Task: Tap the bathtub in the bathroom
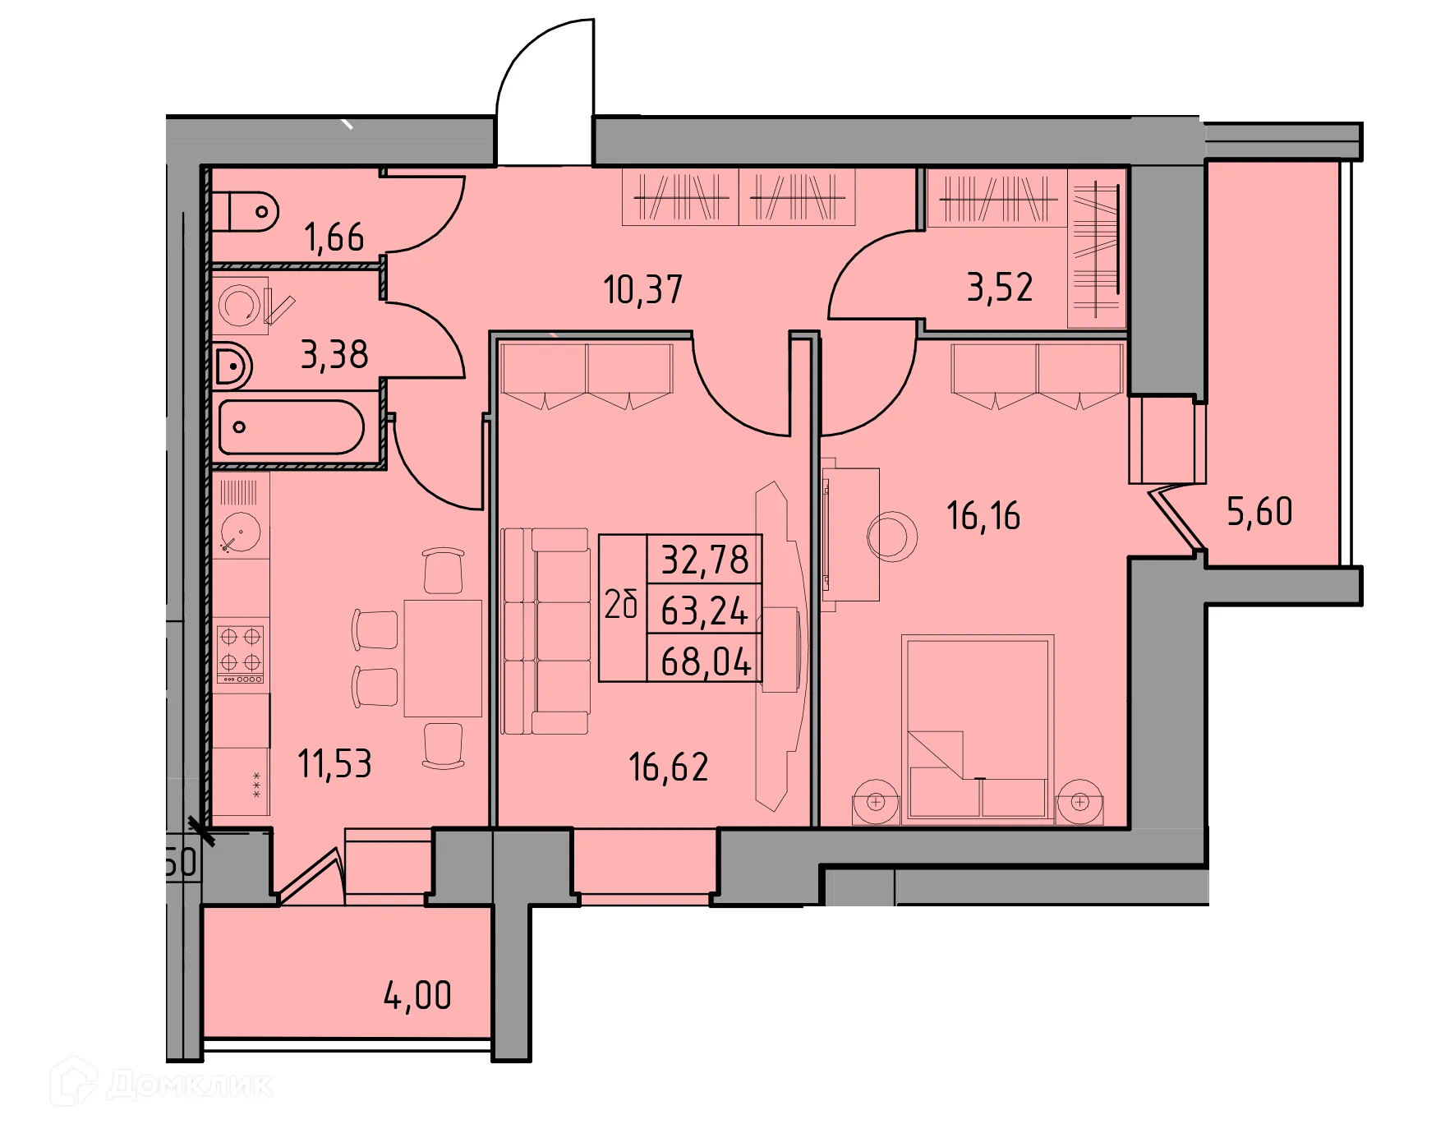[291, 427]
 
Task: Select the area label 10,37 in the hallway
[642, 290]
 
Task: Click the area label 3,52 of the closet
[999, 288]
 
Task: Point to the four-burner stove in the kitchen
[241, 653]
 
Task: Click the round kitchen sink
[241, 532]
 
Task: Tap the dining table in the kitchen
[442, 657]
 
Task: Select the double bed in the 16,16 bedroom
[978, 728]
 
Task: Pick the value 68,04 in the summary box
[705, 661]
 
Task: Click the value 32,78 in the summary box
[705, 560]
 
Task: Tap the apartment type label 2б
[622, 606]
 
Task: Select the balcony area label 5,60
[1259, 512]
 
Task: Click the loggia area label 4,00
[417, 996]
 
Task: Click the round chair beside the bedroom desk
[891, 537]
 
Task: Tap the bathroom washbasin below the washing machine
[232, 366]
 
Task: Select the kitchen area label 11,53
[334, 764]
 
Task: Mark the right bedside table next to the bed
[1079, 801]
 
